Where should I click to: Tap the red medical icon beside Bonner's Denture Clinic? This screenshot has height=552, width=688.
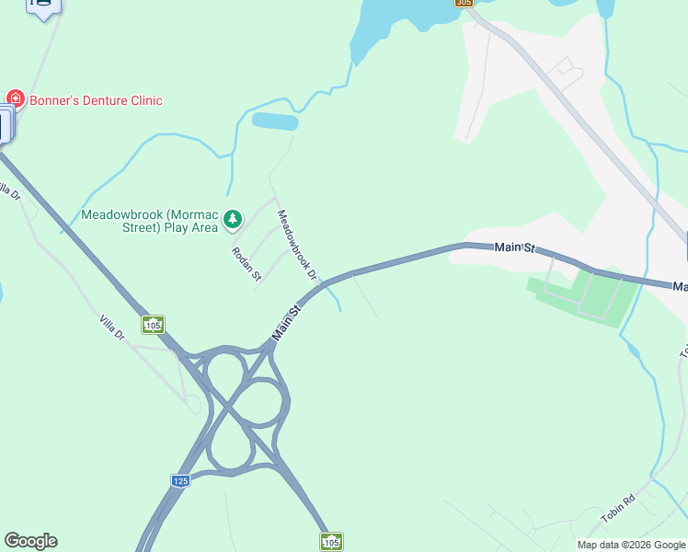(x=15, y=98)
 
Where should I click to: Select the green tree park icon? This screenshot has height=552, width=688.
(x=234, y=219)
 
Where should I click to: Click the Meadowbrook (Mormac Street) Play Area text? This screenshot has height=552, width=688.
(x=150, y=221)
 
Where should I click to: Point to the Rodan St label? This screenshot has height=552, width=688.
(x=247, y=263)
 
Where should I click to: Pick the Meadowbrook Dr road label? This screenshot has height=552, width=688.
(x=298, y=244)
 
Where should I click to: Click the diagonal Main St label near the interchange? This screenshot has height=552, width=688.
(x=288, y=324)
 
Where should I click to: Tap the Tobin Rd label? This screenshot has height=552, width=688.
(x=618, y=510)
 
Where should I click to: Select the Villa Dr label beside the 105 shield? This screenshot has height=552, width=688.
(x=112, y=328)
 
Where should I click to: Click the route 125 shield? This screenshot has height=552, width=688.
(x=180, y=481)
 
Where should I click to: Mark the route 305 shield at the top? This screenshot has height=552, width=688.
(x=464, y=4)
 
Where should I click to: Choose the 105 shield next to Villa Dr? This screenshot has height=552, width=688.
(x=154, y=325)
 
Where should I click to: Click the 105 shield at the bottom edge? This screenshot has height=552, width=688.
(x=331, y=541)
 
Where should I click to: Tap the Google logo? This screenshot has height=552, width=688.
(x=30, y=541)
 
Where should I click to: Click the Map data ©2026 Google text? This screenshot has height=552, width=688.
(x=630, y=545)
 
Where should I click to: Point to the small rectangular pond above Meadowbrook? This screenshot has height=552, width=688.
(x=275, y=121)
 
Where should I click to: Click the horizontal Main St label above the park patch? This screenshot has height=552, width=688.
(x=514, y=247)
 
